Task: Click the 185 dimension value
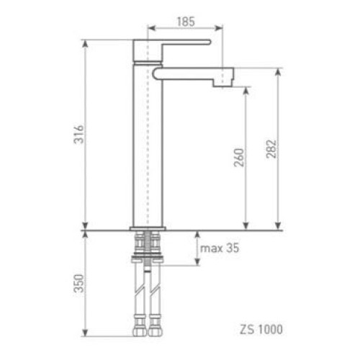186,22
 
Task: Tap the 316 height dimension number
79,135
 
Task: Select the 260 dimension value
239,158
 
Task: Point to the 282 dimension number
271,149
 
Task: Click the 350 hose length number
79,284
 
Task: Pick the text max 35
220,248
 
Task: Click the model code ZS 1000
261,329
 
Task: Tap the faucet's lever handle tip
210,42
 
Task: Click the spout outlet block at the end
222,77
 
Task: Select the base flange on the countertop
148,228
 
